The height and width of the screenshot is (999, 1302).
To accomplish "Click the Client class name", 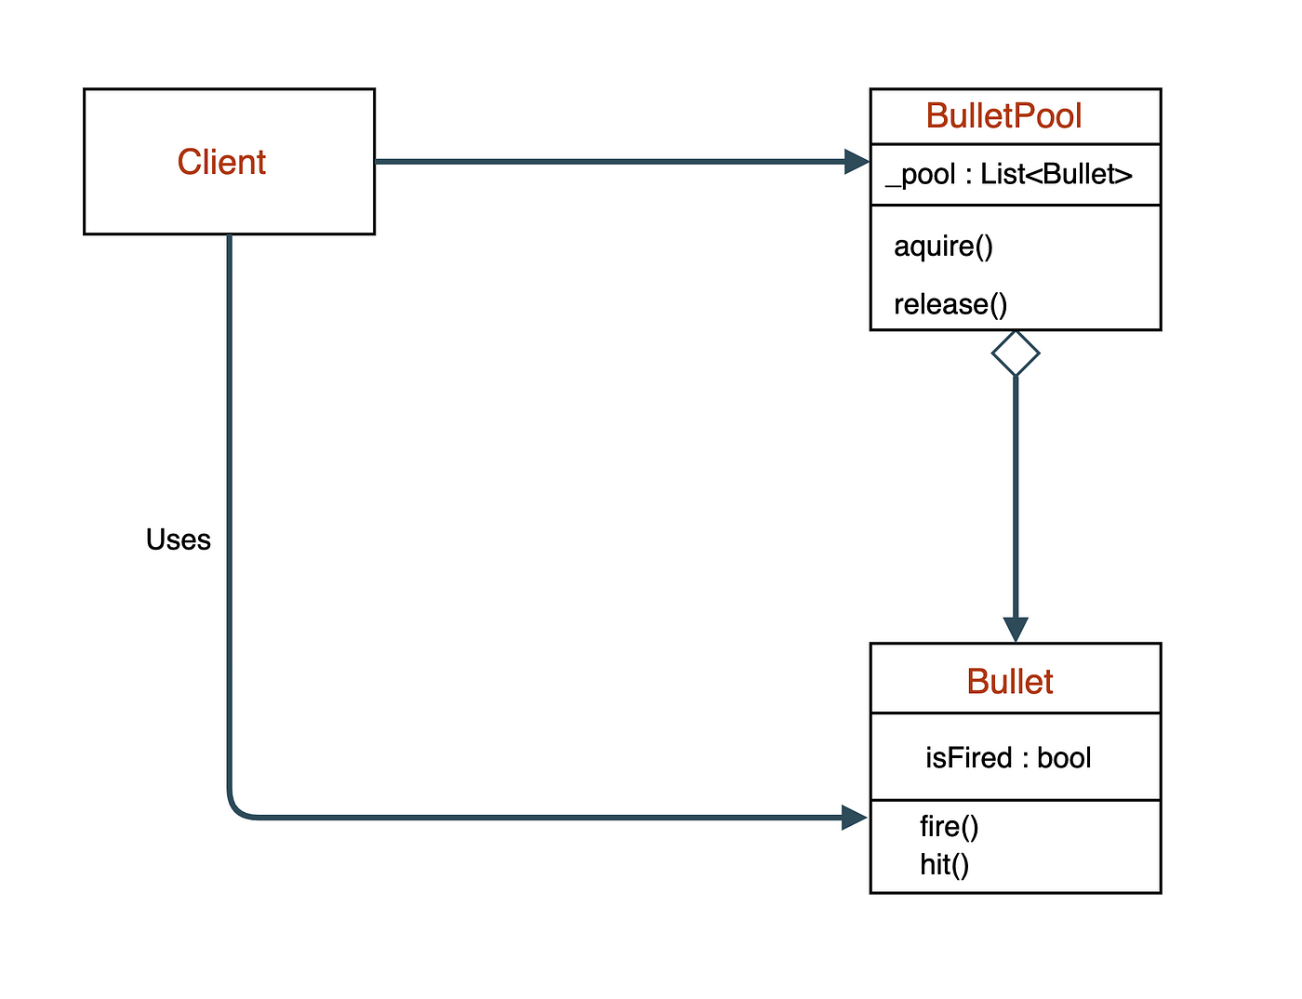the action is pos(221,162).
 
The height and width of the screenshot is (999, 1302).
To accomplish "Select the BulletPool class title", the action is pos(1003,115).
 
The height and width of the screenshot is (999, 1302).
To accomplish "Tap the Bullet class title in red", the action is pos(1010,682).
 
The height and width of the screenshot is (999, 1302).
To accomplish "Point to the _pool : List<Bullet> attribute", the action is pos(1008,175).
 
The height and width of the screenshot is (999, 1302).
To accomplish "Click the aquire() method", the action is pos(943,246).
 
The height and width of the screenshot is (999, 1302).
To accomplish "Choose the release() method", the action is pos(950,304).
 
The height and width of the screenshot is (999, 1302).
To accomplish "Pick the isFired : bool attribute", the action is pos(1008,757).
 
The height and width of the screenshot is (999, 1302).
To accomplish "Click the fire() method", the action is pos(950,826).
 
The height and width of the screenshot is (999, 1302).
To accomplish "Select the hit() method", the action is pos(944,865).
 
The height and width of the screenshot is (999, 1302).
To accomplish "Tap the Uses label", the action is pos(179,539).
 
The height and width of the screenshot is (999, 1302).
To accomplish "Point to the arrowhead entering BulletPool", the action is pos(857,162).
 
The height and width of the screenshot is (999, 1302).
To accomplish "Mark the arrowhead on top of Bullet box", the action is pos(1016,630).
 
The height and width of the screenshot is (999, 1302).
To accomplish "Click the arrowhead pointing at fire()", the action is pos(855,818).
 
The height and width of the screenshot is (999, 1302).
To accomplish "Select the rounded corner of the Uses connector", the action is pos(236,809).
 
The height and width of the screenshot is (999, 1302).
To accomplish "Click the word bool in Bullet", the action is pos(1064,757).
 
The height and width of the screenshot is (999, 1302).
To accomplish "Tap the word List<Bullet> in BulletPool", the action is pos(1056,174).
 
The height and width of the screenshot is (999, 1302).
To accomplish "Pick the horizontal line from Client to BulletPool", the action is pos(622,162).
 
